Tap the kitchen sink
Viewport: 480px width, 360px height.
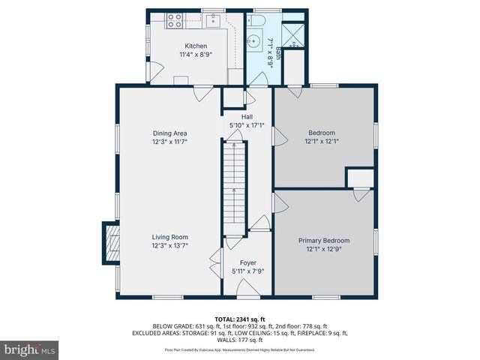point(214,20)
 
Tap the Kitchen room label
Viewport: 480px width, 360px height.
point(185,46)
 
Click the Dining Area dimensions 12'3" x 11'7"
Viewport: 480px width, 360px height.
point(169,141)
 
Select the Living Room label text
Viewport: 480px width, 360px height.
point(169,236)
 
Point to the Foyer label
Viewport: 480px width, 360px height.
point(247,262)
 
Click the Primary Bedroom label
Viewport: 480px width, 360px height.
point(324,241)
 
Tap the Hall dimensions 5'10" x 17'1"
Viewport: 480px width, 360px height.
point(246,125)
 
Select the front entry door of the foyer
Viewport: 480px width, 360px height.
point(247,297)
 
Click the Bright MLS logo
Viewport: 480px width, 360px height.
point(30,349)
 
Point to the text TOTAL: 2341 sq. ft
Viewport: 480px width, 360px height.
point(240,319)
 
